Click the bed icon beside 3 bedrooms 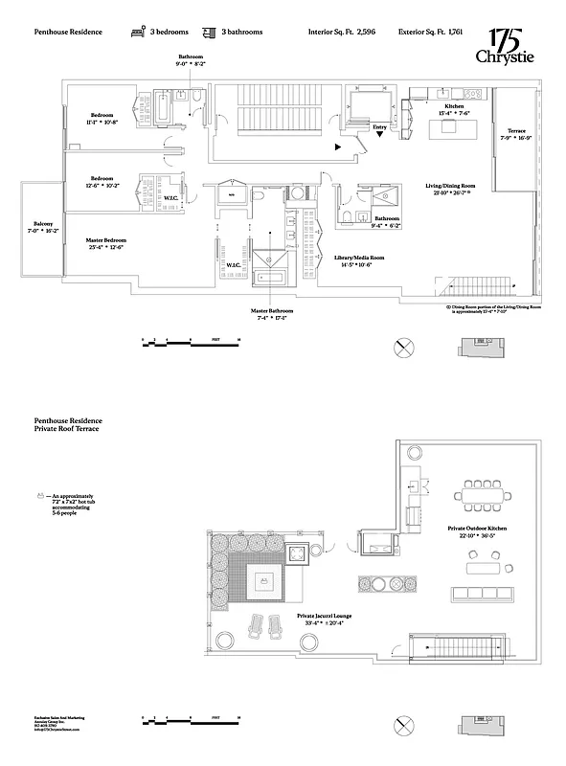[x=137, y=32]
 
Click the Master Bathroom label [x=273, y=313]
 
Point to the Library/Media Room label [x=358, y=259]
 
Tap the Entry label [x=380, y=125]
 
